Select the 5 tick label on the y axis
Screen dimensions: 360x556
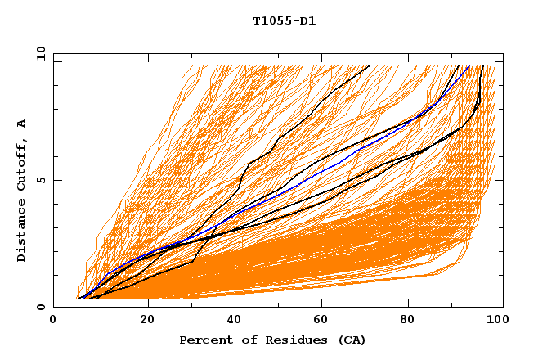(40, 180)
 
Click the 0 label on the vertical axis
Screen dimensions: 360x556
(40, 307)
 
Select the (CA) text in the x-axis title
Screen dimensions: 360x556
(350, 340)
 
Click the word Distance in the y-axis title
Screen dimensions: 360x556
(22, 232)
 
